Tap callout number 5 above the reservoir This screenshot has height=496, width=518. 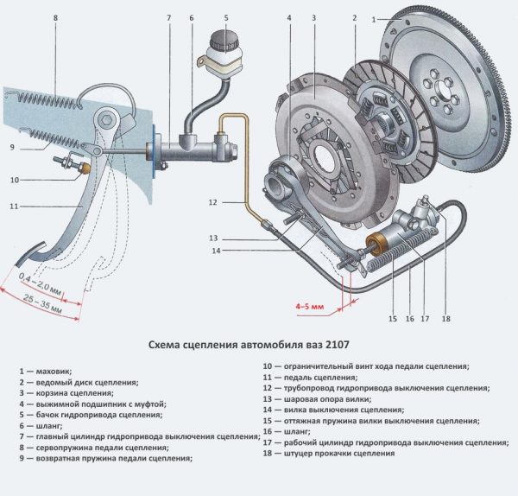226,17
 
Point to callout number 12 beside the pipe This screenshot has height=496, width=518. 212,202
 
